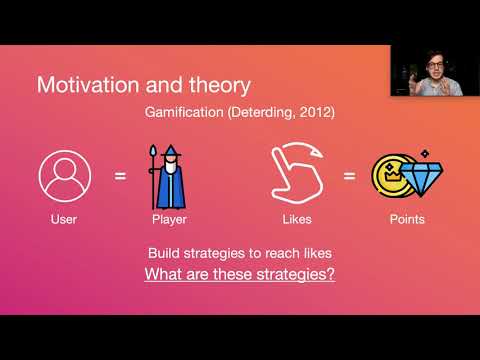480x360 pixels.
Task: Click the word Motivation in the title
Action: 83,83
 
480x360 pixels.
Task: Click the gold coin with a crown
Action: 389,177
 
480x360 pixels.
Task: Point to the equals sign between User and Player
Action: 120,177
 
